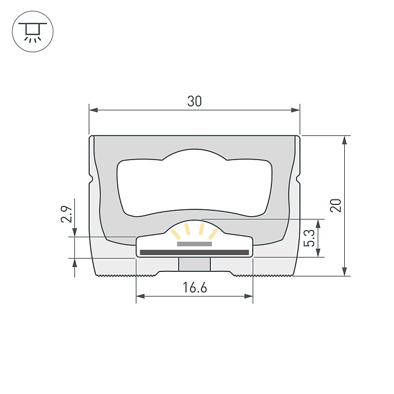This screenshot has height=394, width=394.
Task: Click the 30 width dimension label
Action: (x=194, y=101)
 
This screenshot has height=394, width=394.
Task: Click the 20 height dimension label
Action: (x=336, y=205)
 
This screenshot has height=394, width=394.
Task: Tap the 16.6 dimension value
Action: (x=195, y=288)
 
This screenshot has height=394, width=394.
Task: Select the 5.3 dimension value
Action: (x=309, y=238)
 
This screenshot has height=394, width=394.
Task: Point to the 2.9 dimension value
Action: (x=66, y=214)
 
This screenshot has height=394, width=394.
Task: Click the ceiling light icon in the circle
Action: (x=33, y=32)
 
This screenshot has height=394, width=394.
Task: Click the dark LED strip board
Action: (x=194, y=253)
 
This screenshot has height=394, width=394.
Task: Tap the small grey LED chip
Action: (x=195, y=244)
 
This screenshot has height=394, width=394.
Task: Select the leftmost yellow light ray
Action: (x=176, y=234)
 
